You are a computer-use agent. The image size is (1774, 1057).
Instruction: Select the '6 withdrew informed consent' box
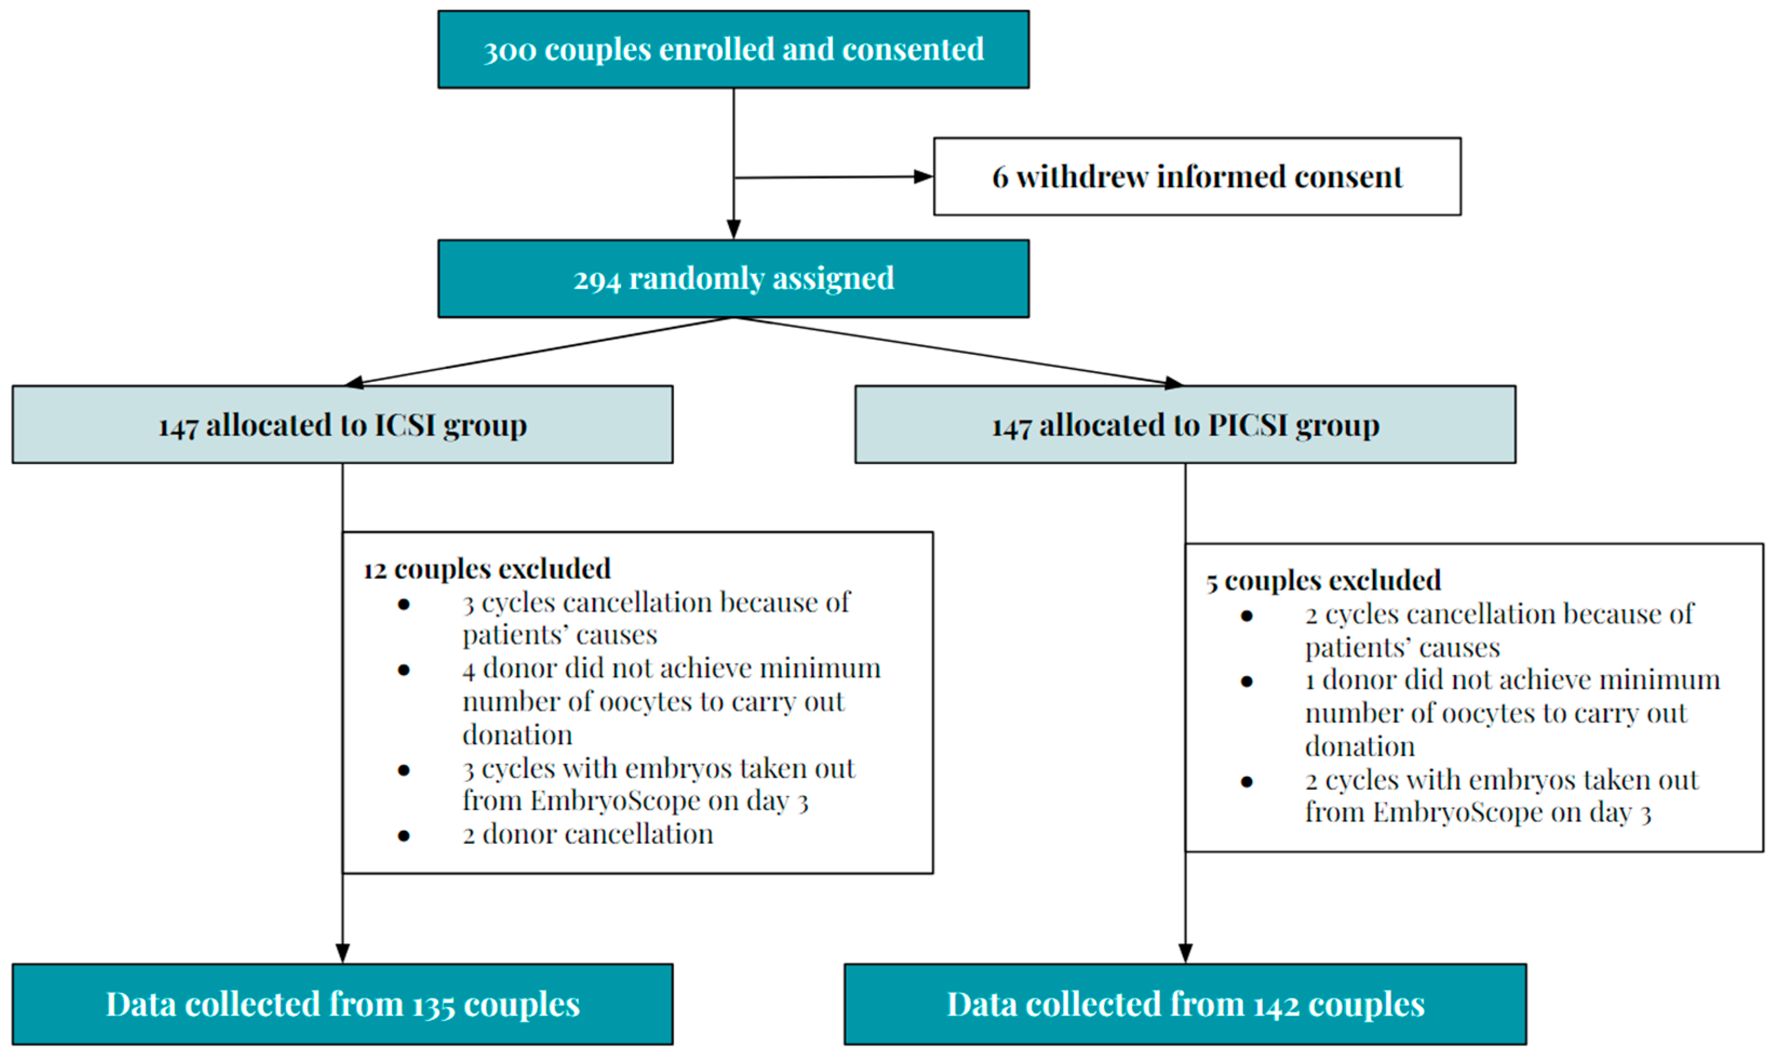click(1197, 177)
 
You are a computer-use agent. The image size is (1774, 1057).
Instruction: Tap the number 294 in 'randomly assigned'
click(597, 279)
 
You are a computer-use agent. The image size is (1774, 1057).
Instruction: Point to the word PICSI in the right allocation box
click(1248, 425)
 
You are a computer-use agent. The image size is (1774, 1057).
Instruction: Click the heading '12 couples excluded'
click(487, 569)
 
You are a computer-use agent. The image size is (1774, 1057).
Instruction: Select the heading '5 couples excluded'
click(1323, 581)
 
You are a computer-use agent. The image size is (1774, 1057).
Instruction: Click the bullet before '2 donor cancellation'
click(404, 836)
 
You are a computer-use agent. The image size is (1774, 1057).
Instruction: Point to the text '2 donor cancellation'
click(588, 834)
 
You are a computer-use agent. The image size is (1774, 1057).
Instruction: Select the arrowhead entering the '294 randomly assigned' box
click(734, 230)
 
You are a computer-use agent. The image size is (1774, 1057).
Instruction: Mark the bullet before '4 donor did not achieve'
click(404, 670)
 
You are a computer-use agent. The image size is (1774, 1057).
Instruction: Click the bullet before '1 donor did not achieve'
click(1246, 682)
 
